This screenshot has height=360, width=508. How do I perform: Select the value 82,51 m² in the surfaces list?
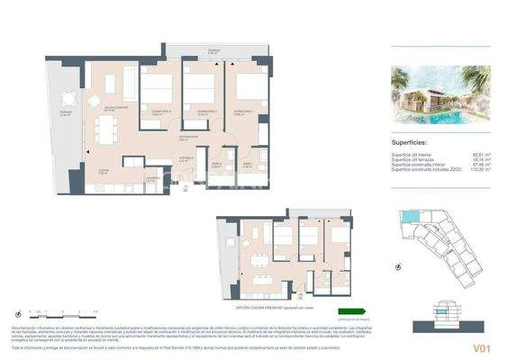coord(480,154)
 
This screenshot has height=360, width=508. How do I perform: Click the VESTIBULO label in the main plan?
coord(184,157)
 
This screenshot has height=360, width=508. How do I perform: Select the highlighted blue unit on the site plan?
coord(408,220)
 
